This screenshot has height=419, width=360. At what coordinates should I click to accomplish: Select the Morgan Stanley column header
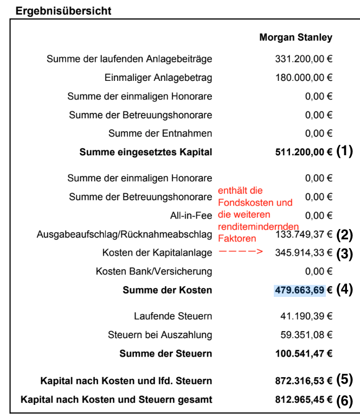tap(295, 37)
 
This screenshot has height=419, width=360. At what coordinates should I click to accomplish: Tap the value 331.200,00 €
tap(304, 59)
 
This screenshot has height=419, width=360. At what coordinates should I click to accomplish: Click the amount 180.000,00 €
tap(304, 78)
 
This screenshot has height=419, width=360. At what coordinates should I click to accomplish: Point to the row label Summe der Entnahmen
tap(160, 133)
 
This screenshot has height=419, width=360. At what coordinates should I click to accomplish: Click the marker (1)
tap(345, 151)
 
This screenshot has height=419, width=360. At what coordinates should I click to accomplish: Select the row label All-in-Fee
tap(191, 215)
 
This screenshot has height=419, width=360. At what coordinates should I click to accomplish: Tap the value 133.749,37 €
tap(304, 234)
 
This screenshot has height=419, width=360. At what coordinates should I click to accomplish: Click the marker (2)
tap(345, 234)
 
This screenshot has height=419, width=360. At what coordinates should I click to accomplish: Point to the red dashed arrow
tap(240, 252)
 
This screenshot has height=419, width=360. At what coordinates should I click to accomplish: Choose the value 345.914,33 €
tap(304, 253)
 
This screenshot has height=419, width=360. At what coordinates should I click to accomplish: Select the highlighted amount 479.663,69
tap(299, 290)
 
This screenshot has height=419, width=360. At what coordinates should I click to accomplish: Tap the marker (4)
tap(345, 290)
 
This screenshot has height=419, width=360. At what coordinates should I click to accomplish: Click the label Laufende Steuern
tap(173, 315)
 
